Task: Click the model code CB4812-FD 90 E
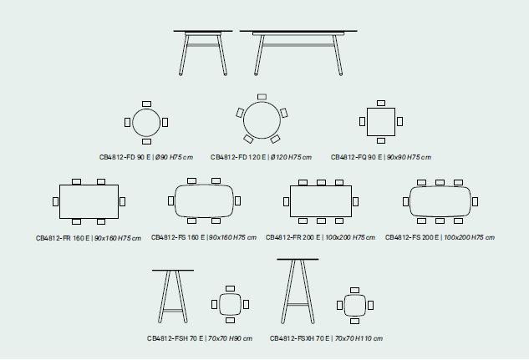coord(125,157)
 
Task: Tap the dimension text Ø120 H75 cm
coord(291,157)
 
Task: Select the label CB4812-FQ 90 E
coord(356,157)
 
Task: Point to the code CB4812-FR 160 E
coord(63,238)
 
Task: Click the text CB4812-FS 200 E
coord(412,238)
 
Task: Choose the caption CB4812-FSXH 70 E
coord(299,338)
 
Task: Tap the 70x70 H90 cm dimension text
coord(230,338)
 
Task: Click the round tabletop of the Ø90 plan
coord(146,109)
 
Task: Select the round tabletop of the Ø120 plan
coord(262,101)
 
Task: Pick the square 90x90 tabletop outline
coord(381,109)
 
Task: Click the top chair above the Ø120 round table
coord(262,97)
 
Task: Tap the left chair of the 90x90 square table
coord(363,121)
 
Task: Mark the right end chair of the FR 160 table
coord(123,201)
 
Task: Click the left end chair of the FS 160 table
coord(171,201)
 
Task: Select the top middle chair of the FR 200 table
coord(321,182)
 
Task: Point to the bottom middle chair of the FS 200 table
coord(440,221)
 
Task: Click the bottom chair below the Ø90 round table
coord(146,141)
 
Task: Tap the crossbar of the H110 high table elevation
coord(298,304)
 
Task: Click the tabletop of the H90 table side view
coord(173,270)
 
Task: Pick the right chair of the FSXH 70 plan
coord(370,306)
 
